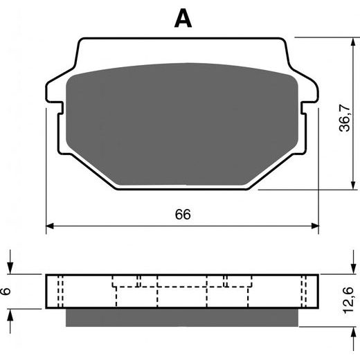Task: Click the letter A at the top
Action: click(183, 19)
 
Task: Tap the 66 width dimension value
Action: click(183, 214)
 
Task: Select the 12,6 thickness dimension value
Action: click(348, 300)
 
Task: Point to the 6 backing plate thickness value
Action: click(6, 291)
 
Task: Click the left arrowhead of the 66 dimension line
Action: click(50, 226)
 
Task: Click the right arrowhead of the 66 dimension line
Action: click(315, 226)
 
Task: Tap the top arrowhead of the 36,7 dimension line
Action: click(353, 42)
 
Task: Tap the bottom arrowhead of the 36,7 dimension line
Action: click(353, 186)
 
